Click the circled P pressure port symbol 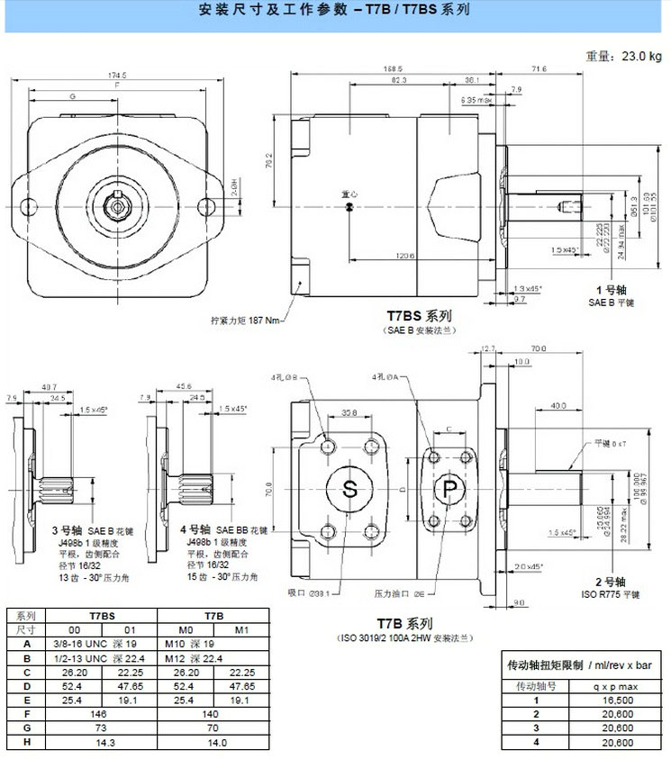point(448,489)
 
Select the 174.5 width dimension point(118,75)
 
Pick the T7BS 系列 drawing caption point(419,317)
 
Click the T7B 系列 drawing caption point(407,624)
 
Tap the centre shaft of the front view point(118,206)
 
